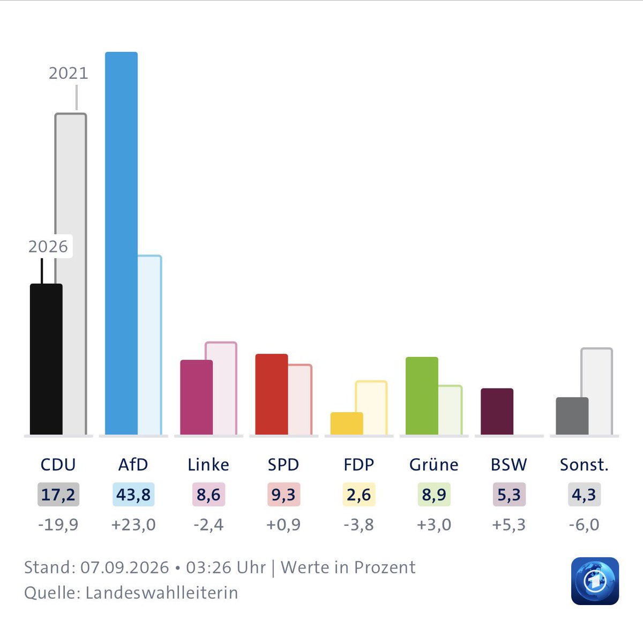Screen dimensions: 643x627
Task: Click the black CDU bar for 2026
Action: click(46, 359)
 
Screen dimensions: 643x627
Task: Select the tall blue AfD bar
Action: click(121, 243)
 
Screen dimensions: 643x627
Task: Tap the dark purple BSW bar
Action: click(497, 412)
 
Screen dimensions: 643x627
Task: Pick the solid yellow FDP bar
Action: click(347, 423)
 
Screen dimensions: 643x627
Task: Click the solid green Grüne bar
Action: click(422, 396)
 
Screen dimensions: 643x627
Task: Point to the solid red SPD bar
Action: click(272, 394)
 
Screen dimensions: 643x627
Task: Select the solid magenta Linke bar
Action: click(196, 397)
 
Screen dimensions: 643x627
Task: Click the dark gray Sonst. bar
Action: click(572, 416)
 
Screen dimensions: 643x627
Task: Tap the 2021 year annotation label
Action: click(69, 73)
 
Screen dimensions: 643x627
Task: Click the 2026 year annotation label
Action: click(48, 247)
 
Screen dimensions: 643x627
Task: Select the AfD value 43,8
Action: click(133, 495)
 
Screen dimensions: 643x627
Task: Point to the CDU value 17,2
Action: click(58, 495)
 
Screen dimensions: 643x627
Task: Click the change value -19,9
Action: click(58, 525)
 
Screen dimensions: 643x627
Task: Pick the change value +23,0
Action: click(133, 525)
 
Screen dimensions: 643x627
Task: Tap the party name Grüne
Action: click(434, 465)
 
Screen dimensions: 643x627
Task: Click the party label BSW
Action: click(509, 465)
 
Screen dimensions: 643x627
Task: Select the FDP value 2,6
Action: click(359, 495)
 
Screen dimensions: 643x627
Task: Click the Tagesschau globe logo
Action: click(595, 581)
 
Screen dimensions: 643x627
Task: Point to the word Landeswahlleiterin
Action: click(162, 593)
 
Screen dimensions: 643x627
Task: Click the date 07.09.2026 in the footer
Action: click(124, 568)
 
